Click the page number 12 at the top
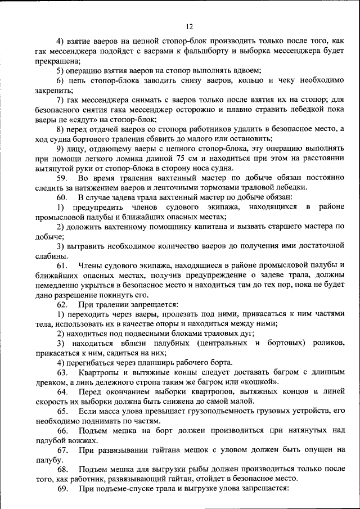(x=189, y=26)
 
